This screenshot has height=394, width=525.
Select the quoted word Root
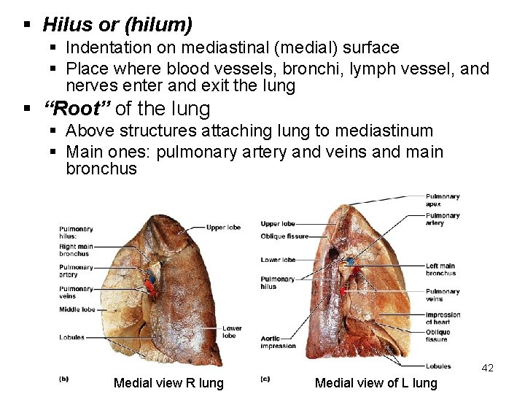[x=77, y=109]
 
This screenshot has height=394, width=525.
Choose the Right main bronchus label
[x=75, y=250]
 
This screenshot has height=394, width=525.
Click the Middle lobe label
[x=77, y=310]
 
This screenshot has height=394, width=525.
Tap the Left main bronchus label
[x=440, y=269]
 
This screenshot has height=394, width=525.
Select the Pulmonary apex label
[x=443, y=200]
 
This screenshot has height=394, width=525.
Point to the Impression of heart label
[x=443, y=318]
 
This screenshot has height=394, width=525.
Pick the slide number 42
[x=488, y=368]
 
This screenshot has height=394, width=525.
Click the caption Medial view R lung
[x=168, y=383]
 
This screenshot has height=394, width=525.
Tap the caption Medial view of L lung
[x=376, y=383]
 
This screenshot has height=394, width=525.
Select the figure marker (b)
[x=63, y=378]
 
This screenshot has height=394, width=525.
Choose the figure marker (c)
[x=265, y=378]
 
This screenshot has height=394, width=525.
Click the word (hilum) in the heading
[x=158, y=25]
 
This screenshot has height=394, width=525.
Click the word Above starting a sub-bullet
[x=89, y=131]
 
